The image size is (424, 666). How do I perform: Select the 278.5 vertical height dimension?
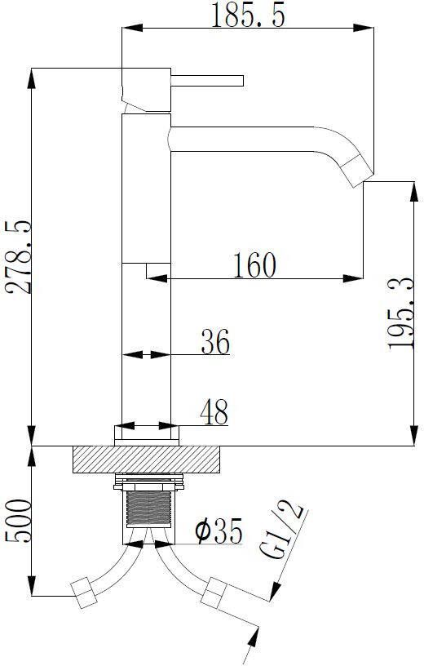(18, 258)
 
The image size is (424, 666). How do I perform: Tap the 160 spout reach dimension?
(254, 264)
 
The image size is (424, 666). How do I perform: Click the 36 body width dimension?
(214, 341)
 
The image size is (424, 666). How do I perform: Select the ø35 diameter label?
(219, 533)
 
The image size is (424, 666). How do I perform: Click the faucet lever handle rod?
(207, 80)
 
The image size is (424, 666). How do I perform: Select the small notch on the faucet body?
(157, 270)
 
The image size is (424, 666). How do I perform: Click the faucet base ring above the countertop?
(146, 434)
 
